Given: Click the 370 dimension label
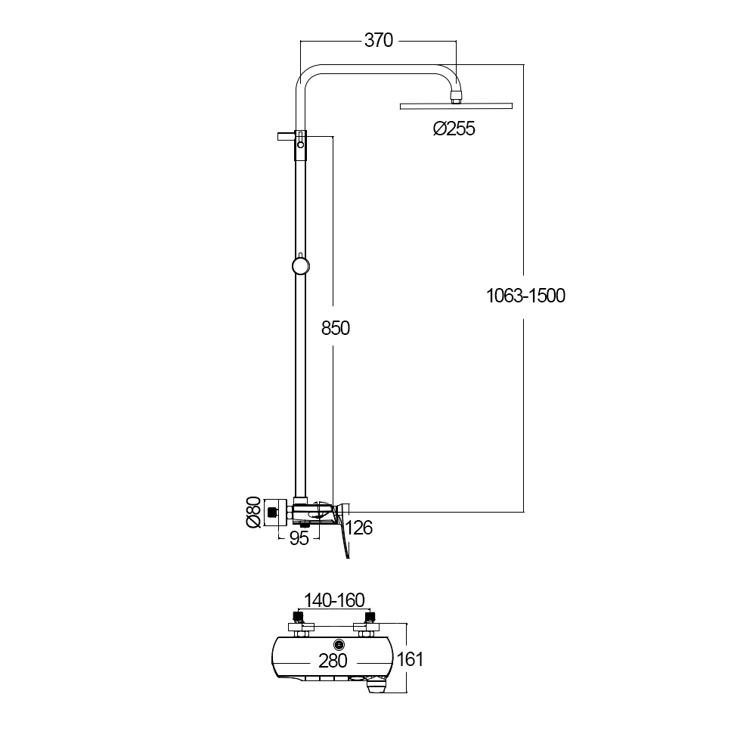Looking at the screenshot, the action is click(379, 40).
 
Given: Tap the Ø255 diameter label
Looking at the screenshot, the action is click(454, 129).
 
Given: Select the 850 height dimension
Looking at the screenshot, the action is click(336, 328).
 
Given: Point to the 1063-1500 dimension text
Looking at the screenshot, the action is click(525, 296).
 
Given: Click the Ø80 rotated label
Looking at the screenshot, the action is click(253, 512).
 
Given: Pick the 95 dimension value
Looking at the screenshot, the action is click(299, 538).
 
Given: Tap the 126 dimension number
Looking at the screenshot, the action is click(359, 528).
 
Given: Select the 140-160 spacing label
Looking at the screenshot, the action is click(334, 600).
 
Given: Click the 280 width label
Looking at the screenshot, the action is click(333, 661).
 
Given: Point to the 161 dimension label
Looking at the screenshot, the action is click(409, 659).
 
